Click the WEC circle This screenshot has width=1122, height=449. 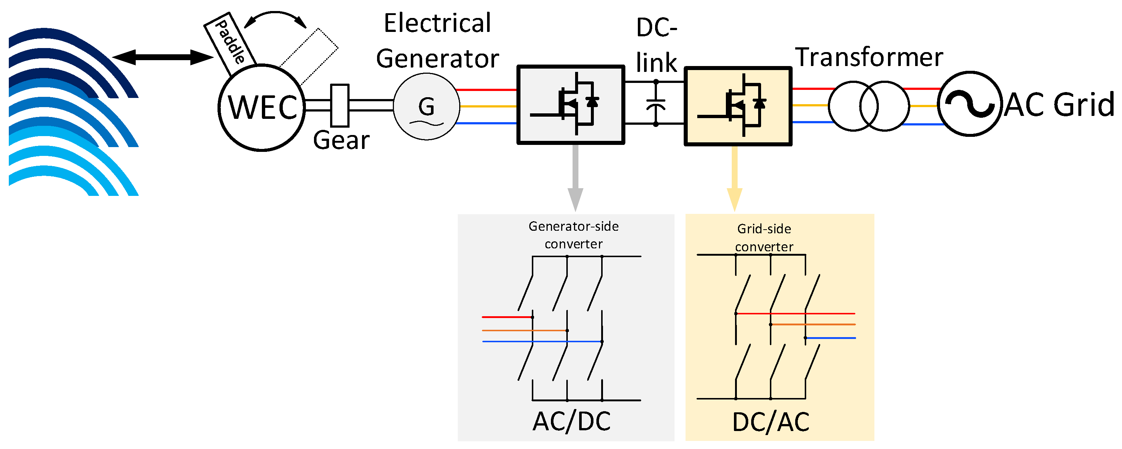pyautogui.click(x=261, y=107)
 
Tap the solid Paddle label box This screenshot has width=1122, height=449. pyautogui.click(x=230, y=44)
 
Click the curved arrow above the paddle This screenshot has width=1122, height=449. pyautogui.click(x=275, y=16)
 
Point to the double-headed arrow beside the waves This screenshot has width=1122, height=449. pyautogui.click(x=162, y=57)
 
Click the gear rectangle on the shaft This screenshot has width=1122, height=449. pyautogui.click(x=340, y=105)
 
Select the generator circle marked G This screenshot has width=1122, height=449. pyautogui.click(x=427, y=107)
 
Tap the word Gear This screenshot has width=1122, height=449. pyautogui.click(x=341, y=140)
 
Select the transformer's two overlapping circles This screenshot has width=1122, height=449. pyautogui.click(x=869, y=106)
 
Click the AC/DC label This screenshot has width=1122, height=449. pyautogui.click(x=571, y=421)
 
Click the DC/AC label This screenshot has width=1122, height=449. pyautogui.click(x=771, y=422)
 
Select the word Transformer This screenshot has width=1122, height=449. pyautogui.click(x=869, y=57)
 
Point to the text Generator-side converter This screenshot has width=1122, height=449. pyautogui.click(x=573, y=235)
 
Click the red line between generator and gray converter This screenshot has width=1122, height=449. pyautogui.click(x=486, y=90)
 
